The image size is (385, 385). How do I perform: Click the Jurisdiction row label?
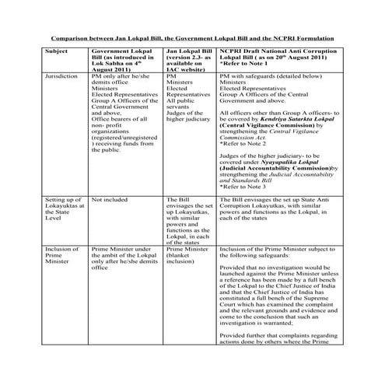click(x=63, y=77)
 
